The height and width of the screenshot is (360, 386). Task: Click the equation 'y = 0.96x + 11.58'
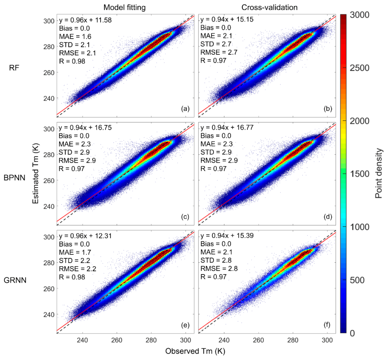[x=85, y=20]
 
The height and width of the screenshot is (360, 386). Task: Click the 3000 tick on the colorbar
[x=359, y=15]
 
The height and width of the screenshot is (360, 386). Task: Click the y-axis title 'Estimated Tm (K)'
[x=36, y=174]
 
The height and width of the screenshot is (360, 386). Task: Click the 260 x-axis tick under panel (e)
[x=117, y=341]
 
